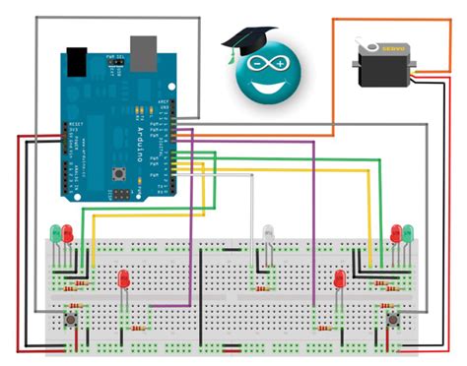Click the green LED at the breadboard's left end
click(56, 234)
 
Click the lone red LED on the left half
click(124, 280)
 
